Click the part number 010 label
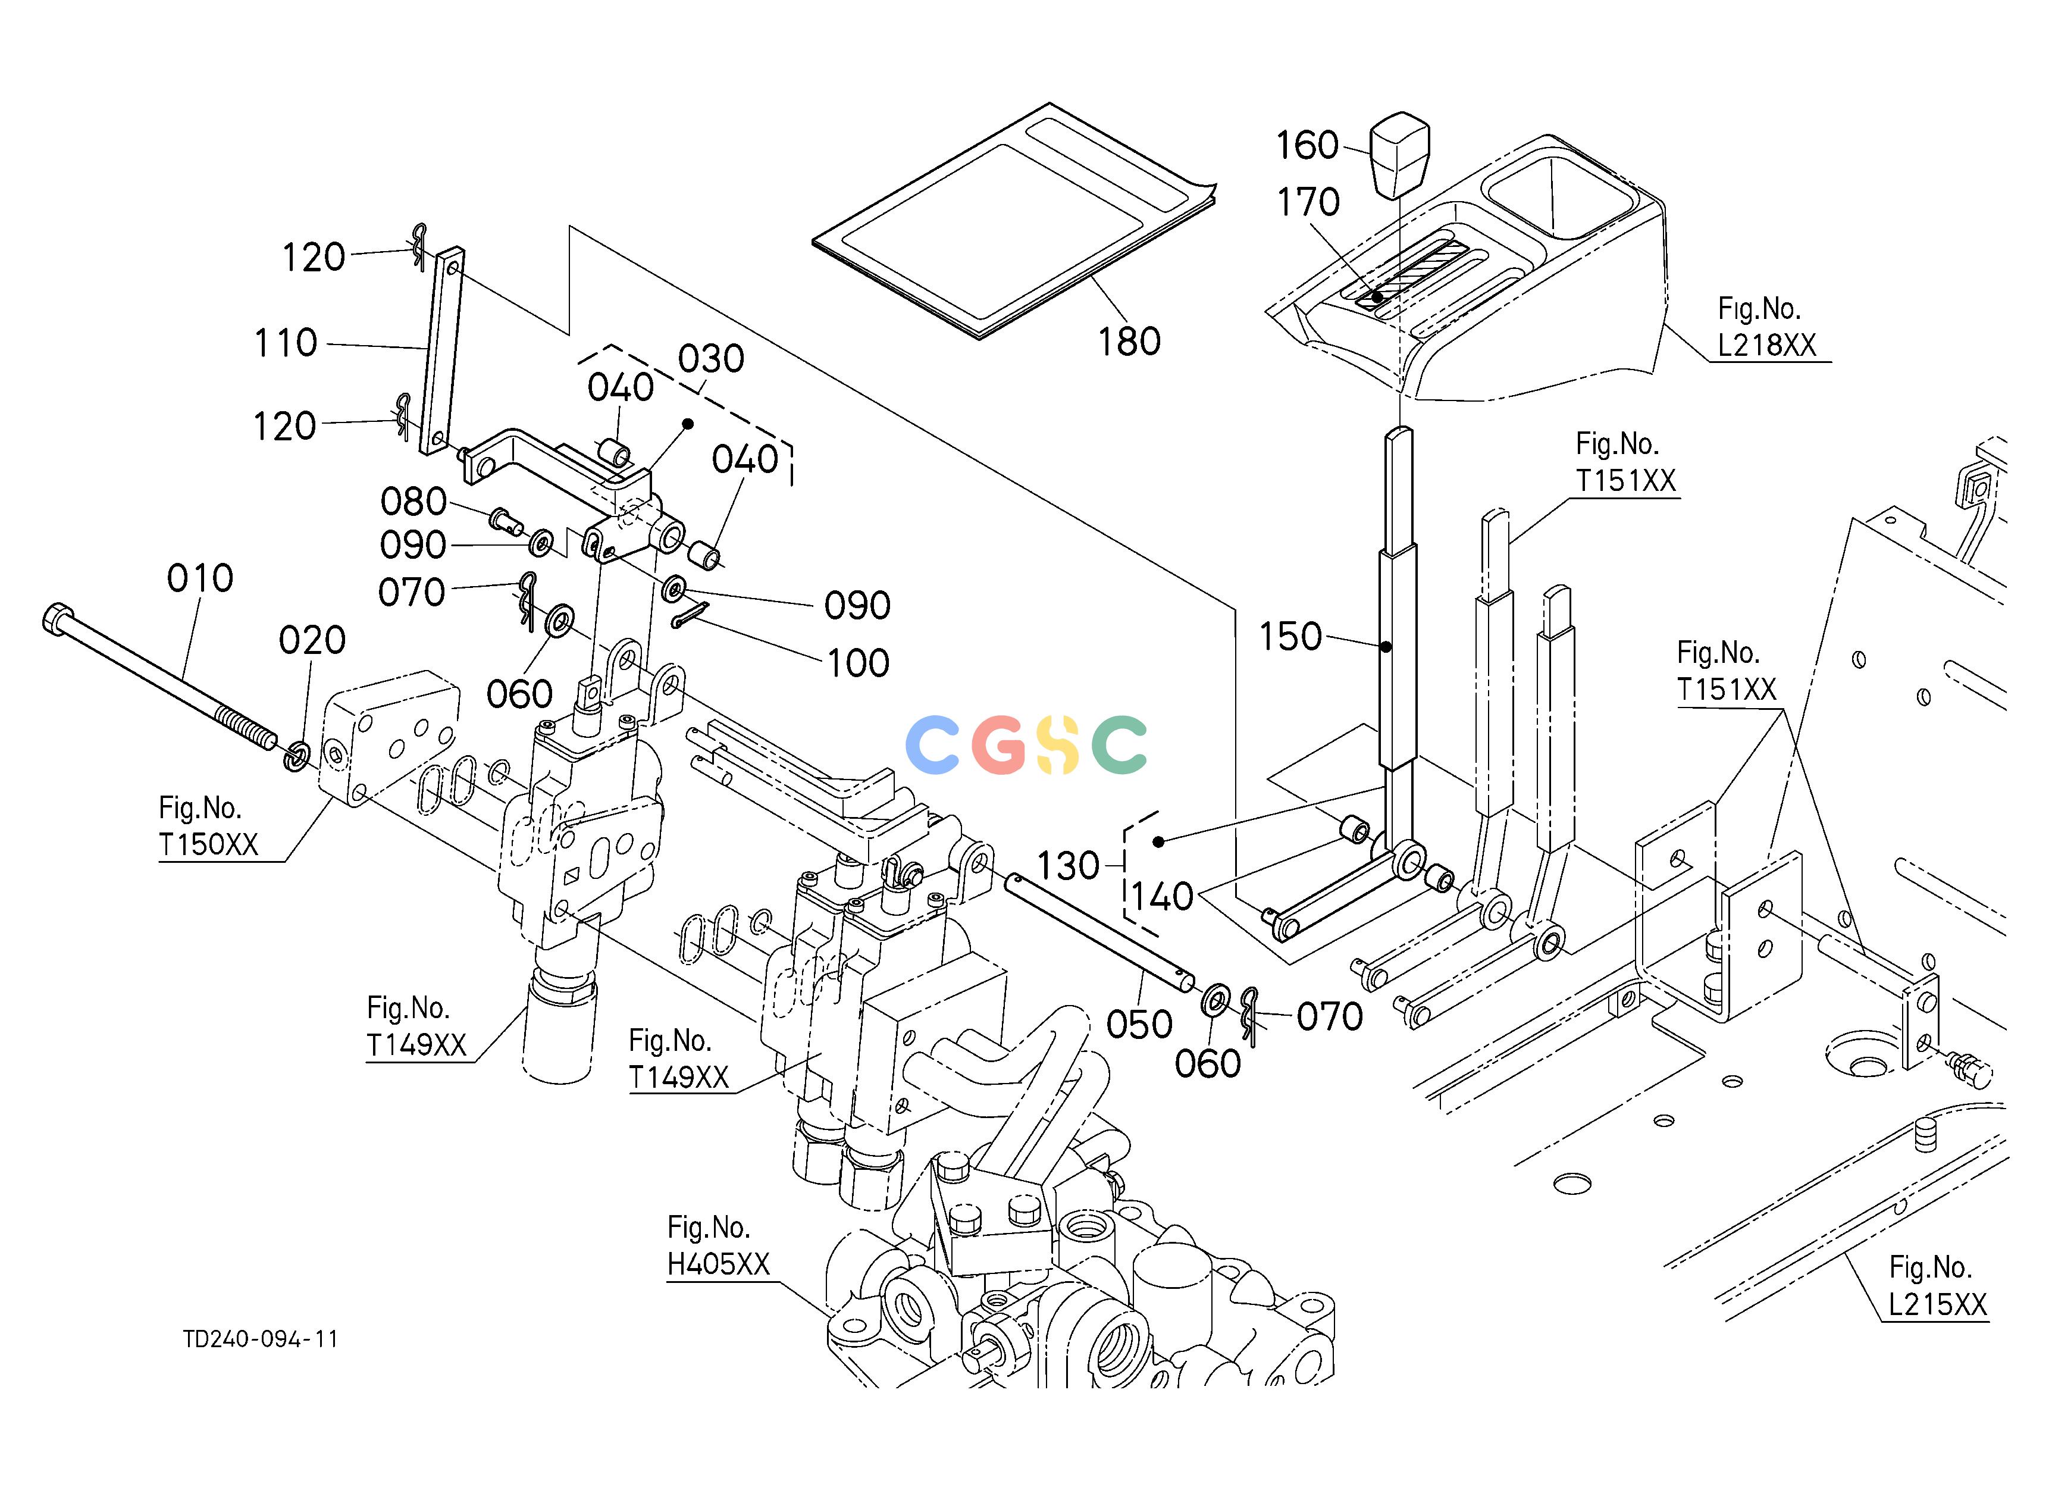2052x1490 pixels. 200,578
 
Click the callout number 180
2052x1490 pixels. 1129,342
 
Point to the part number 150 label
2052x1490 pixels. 1291,637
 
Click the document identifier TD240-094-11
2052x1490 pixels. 261,1339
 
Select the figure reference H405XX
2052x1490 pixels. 718,1264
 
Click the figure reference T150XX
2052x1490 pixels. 209,845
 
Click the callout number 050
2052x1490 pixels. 1140,1025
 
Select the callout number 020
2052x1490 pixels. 312,640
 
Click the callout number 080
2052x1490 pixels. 413,501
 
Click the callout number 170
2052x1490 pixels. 1308,203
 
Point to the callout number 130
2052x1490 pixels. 1067,866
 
